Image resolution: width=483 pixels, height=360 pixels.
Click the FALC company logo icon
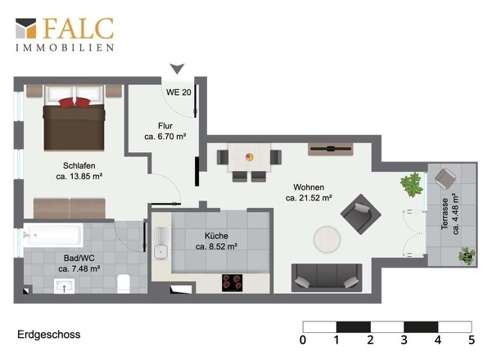26,29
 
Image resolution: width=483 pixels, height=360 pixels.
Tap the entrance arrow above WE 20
177,69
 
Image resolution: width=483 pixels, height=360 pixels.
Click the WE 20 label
178,92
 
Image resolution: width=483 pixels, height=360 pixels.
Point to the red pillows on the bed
74,102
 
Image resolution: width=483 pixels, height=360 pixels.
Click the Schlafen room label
79,165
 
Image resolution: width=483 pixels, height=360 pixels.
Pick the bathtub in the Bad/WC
53,235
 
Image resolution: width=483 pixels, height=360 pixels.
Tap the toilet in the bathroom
124,283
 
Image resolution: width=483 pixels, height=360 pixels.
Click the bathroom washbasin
64,286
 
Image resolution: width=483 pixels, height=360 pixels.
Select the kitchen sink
160,243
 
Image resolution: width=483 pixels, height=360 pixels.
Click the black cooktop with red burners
232,283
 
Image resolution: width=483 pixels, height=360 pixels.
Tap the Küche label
216,236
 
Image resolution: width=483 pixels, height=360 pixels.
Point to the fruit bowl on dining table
250,157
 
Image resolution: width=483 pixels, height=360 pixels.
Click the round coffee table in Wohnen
327,240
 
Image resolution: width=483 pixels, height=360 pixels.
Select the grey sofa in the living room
327,277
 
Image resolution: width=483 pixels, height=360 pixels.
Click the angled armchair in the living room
361,214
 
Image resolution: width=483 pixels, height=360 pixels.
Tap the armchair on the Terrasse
445,178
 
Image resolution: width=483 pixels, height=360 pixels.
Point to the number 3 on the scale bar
404,340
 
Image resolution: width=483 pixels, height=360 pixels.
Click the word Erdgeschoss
49,335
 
